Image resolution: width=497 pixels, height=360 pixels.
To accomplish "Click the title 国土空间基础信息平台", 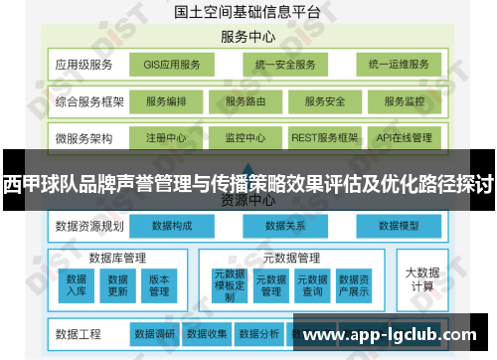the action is (x=248, y=12).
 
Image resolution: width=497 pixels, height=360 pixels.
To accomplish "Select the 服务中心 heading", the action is (x=248, y=38).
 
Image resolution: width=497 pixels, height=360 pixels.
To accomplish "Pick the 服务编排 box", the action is (x=165, y=101).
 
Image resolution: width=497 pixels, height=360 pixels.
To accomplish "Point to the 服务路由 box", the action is (x=245, y=101).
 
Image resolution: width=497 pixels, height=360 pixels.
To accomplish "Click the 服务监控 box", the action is (x=404, y=101).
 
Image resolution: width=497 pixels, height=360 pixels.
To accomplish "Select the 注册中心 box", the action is (x=165, y=137).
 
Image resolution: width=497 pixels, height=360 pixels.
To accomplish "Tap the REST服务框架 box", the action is (x=324, y=137).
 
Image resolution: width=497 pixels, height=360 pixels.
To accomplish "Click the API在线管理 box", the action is (x=404, y=137).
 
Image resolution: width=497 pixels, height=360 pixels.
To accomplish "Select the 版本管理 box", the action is (x=159, y=284).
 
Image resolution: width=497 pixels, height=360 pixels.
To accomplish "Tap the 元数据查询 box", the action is (x=312, y=284).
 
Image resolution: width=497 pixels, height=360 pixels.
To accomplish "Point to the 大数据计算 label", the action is (x=421, y=278).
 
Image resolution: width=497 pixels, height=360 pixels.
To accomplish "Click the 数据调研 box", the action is (x=154, y=333).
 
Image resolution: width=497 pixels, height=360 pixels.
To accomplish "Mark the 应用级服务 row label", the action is (x=83, y=66).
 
